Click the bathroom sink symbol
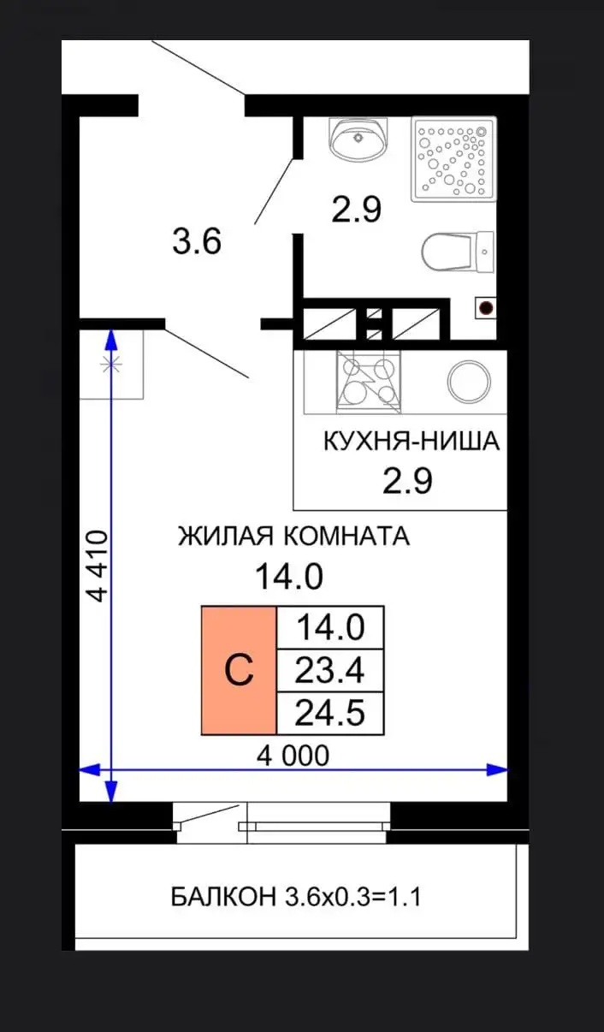[358, 138]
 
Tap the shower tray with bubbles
[453, 159]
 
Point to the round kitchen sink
[468, 381]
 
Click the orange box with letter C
[239, 671]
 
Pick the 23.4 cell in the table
[329, 671]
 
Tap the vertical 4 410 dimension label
[98, 566]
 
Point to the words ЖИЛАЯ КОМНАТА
[293, 537]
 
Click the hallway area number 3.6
[197, 243]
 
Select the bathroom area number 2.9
[356, 209]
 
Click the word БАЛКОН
[222, 899]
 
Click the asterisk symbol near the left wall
[110, 364]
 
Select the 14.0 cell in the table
[329, 628]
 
